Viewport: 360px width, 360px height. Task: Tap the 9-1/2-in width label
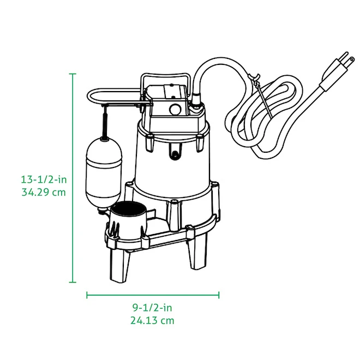click(153, 308)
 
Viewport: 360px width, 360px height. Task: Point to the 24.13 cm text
click(153, 321)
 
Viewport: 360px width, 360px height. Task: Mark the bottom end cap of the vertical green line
click(73, 282)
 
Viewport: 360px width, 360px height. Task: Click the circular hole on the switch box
click(175, 108)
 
